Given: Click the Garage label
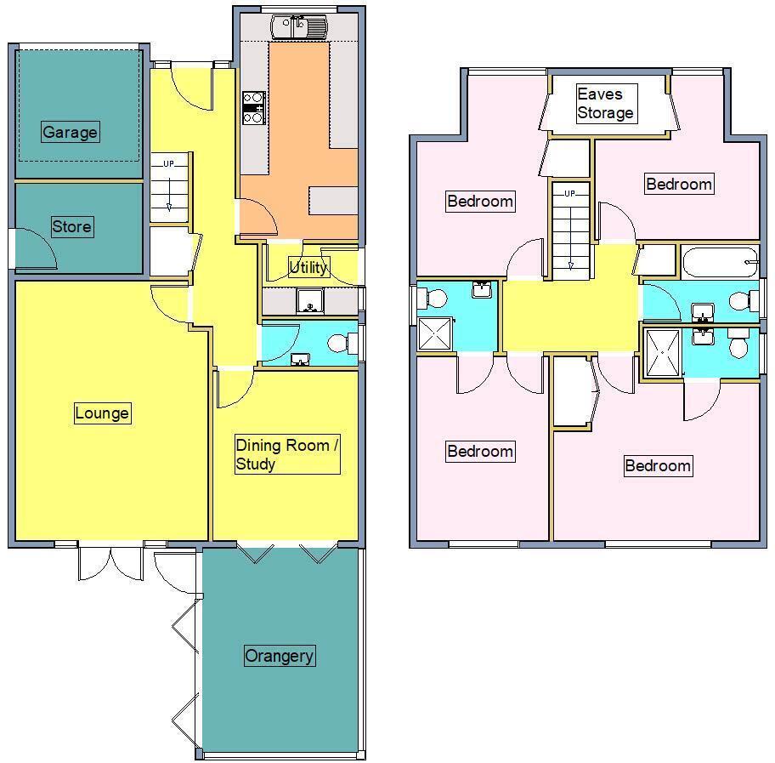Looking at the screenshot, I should [70, 133].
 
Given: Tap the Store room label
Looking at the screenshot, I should [71, 227].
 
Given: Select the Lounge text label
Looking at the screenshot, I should [102, 413].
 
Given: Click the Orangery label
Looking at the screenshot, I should [279, 656].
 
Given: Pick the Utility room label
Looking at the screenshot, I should [308, 267].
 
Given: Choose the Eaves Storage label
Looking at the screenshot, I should [604, 103].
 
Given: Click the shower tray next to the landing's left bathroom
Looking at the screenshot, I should [434, 333].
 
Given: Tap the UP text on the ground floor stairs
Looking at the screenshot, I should [168, 164].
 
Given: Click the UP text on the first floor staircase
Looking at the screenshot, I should [569, 194].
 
